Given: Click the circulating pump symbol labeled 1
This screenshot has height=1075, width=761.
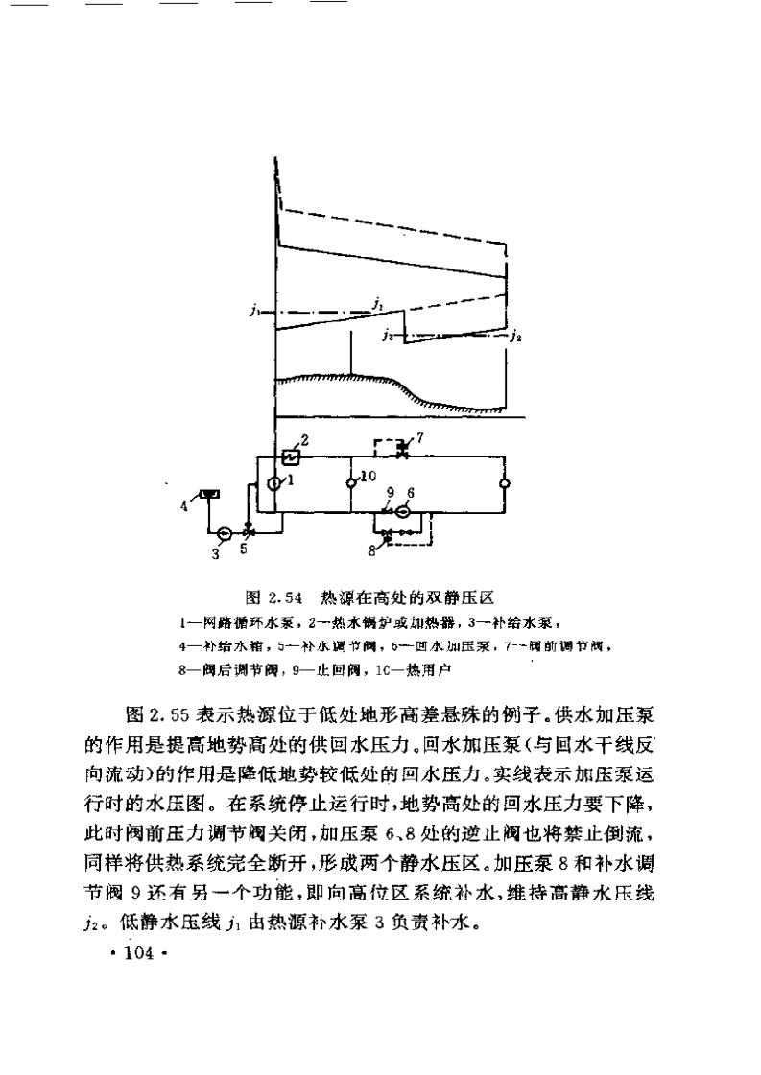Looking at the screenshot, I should pos(274,484).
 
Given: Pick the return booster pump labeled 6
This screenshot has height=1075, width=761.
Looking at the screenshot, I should pos(403,512).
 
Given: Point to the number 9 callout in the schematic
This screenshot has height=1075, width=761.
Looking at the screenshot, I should pos(390,493).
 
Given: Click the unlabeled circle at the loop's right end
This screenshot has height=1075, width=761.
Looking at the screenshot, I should pos(505,484).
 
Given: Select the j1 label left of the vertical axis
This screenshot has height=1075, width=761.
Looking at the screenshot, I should pos(252,311).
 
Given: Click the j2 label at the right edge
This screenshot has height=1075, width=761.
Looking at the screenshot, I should pos(517,336).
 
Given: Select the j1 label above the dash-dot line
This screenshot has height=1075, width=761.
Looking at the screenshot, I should pos(379,303).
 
